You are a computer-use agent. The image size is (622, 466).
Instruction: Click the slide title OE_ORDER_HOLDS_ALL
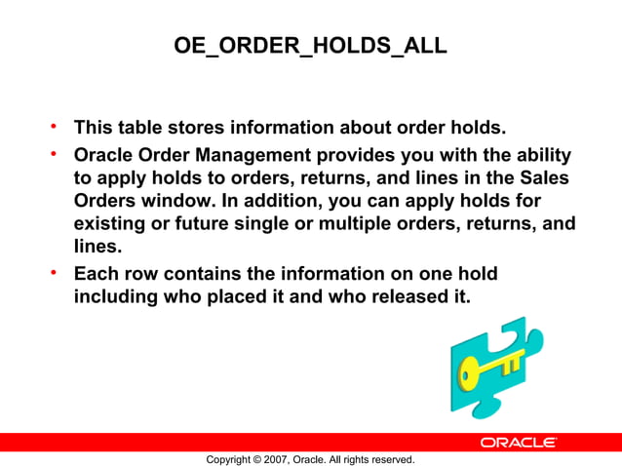[x=310, y=46]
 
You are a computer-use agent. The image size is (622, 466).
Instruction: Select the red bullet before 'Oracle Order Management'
[x=56, y=154]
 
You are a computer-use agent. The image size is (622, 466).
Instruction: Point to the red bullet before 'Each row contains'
[x=56, y=271]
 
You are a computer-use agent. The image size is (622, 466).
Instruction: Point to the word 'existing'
[x=109, y=226]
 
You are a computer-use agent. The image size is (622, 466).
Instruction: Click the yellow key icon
[x=486, y=369]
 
